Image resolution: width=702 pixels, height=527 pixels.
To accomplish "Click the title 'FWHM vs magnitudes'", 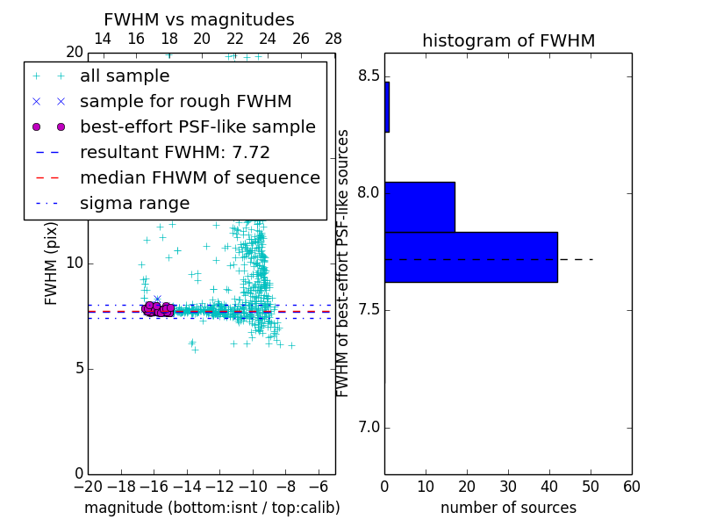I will coord(199,20).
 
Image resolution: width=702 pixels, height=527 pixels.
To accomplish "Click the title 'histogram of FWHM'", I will coord(508,40).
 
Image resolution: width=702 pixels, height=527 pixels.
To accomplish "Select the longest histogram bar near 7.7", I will coord(470,257).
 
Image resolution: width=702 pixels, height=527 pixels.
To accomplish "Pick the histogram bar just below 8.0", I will coord(419,206).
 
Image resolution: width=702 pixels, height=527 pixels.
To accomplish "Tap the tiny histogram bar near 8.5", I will coord(387,107).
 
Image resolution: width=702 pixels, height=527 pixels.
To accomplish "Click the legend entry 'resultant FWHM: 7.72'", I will coord(175,153).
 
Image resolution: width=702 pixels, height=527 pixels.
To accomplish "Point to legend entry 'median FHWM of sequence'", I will coord(199,178).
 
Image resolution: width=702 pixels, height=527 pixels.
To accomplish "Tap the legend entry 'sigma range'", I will coord(134,204).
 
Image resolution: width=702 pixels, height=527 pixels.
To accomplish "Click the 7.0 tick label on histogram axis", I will coord(367,428).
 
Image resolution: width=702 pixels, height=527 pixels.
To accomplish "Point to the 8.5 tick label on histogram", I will coord(367,76).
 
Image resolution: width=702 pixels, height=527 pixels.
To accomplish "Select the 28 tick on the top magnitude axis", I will coord(333,39).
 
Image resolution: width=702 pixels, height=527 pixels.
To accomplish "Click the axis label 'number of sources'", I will coord(508,508).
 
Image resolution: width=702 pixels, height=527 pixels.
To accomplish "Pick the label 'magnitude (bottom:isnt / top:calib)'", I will coord(211,508).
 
